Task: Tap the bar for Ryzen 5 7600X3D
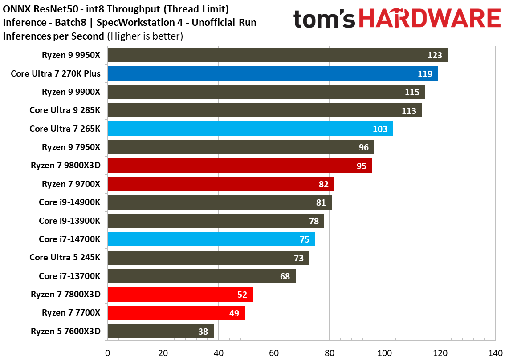tap(160, 331)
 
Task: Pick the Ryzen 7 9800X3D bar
tap(240, 166)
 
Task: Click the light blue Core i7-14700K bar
tap(211, 239)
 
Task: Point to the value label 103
tap(380, 129)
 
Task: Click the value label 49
tap(235, 313)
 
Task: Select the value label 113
tap(409, 111)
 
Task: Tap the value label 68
tap(285, 276)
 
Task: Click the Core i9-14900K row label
tap(69, 202)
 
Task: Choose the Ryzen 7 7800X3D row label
tap(65, 294)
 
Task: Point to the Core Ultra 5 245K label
tap(65, 257)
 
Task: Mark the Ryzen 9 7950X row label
tap(71, 147)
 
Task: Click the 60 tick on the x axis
tap(274, 353)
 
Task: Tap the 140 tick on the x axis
tap(495, 353)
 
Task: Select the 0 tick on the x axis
tap(107, 353)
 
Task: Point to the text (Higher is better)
tap(145, 36)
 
